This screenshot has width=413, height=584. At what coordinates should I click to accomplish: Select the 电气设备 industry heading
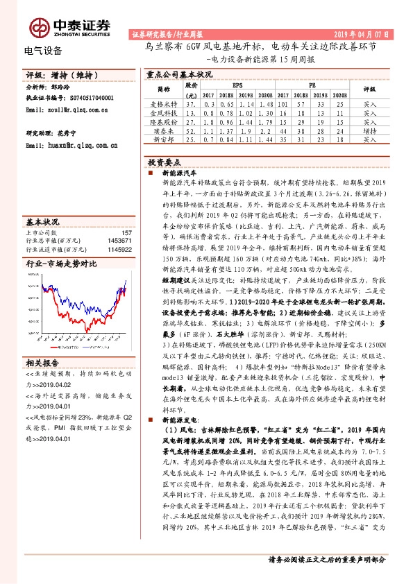pos(43,50)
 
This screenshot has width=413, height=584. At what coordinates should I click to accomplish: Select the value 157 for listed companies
pos(126,233)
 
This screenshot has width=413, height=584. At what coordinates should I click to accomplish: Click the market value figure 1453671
pos(120,240)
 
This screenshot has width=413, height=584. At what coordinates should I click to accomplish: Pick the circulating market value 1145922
pos(120,248)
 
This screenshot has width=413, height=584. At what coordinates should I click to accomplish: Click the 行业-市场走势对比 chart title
pos(62,264)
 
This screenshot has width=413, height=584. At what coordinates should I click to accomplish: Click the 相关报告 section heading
pos(44,363)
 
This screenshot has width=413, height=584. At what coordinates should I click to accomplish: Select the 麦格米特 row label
pos(164,103)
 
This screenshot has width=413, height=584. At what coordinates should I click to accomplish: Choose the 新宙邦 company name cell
pos(164,139)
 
